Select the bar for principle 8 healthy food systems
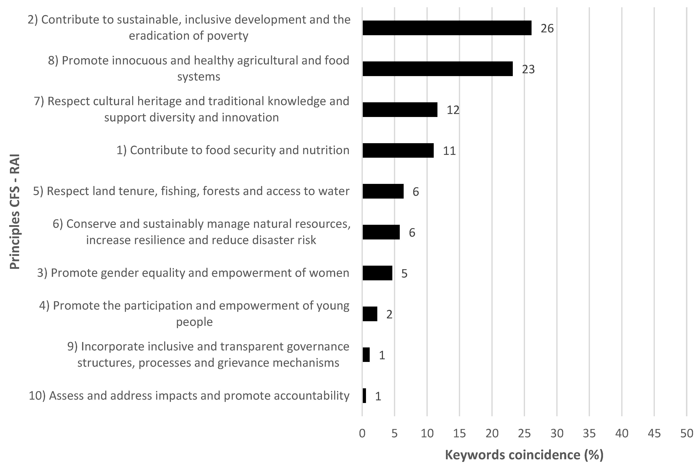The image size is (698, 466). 437,69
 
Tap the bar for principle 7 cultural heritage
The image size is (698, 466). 400,110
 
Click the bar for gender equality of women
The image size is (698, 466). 377,273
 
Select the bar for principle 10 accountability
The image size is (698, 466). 364,396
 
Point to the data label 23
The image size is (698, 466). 528,69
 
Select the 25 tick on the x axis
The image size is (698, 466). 524,434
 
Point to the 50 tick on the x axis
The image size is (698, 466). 687,434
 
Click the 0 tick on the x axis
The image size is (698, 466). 362,434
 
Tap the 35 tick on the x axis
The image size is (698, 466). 589,434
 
